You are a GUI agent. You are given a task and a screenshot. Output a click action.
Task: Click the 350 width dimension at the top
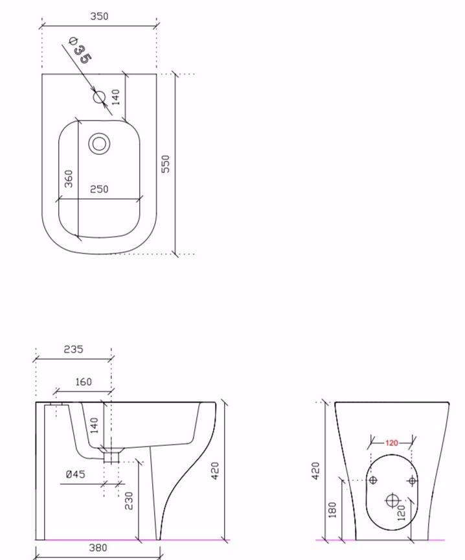pos(99,17)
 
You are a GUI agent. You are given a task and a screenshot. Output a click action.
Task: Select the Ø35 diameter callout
pos(81,52)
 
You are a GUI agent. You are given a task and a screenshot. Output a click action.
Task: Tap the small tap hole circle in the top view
pos(98,97)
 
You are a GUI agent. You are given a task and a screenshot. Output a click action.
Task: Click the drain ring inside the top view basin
pos(99,143)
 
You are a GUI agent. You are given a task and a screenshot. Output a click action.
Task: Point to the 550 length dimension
pos(166,163)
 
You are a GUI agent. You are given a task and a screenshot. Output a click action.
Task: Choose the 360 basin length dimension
pos(69,179)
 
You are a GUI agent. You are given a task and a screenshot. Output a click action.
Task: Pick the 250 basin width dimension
pos(99,189)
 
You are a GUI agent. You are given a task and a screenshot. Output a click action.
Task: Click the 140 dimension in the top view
pos(116,97)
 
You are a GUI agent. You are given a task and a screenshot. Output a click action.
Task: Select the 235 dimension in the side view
pos(73,349)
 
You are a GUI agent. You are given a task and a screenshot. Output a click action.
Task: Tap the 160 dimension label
pos(84,382)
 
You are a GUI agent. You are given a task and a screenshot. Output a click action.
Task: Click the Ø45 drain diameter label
pos(75,474)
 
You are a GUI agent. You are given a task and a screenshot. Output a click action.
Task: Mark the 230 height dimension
pos(129,500)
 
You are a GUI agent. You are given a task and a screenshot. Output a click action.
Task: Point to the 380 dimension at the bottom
pos(98,548)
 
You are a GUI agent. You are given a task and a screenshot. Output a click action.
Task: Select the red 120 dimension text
pos(391,443)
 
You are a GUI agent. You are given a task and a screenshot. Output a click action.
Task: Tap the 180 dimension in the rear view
pos(333,510)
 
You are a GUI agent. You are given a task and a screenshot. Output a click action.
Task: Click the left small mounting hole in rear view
pos(372,480)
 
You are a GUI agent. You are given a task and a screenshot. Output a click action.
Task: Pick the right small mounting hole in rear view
pos(413,480)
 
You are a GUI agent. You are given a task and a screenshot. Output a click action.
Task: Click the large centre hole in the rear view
pos(392,500)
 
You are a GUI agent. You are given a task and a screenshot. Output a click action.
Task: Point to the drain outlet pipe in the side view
pos(111,456)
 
